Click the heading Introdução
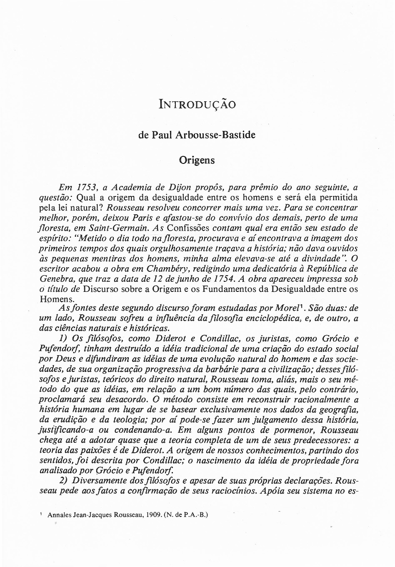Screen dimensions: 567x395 197,104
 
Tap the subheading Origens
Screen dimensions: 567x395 197,160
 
